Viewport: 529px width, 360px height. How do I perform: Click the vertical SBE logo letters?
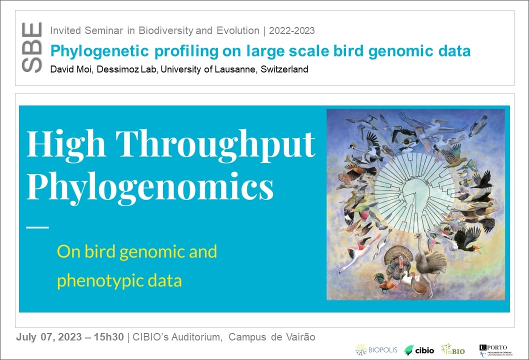(31, 47)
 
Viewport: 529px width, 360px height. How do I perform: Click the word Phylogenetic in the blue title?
(99, 51)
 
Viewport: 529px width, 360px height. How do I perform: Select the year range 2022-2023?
(292, 30)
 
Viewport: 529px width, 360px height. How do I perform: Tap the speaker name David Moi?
(71, 69)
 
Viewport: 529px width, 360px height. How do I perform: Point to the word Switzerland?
(284, 69)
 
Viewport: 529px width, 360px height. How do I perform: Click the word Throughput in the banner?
(215, 145)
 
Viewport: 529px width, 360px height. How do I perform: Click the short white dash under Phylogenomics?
(37, 227)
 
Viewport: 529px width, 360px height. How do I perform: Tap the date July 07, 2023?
(49, 337)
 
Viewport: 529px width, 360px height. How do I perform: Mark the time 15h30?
(108, 337)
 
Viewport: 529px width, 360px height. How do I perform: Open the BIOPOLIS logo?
(376, 350)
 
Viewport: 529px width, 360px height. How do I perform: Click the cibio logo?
(419, 350)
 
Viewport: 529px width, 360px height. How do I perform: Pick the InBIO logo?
(453, 349)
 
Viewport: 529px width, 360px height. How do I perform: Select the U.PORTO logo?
(495, 350)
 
